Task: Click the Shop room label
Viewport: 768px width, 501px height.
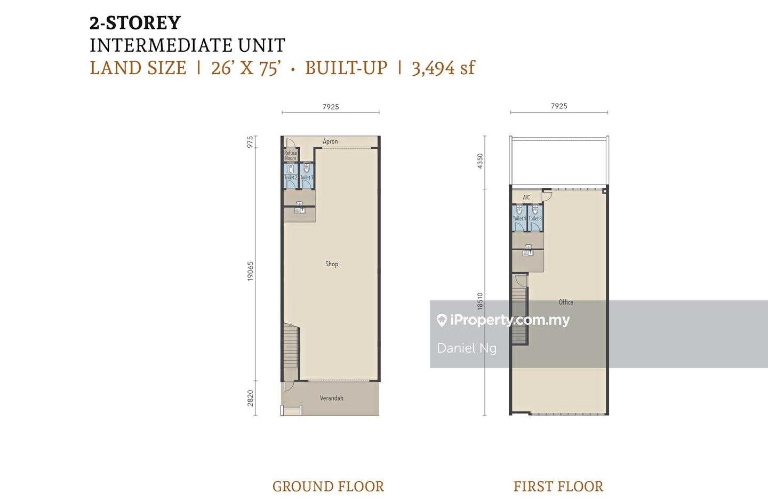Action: [x=332, y=264]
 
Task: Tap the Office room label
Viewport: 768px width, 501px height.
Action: [x=566, y=302]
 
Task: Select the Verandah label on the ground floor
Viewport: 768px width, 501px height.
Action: [x=331, y=398]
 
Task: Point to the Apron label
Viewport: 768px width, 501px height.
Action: [x=330, y=141]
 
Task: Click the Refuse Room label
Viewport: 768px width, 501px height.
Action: [x=290, y=155]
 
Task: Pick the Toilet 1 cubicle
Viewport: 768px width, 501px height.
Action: [x=307, y=176]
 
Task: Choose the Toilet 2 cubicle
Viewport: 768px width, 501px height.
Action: [x=291, y=176]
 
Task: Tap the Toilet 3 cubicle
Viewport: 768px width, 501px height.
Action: [x=535, y=218]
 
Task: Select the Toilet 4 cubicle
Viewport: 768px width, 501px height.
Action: [x=519, y=218]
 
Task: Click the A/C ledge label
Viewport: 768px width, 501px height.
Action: [x=526, y=197]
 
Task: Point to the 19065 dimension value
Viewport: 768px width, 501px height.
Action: [x=250, y=271]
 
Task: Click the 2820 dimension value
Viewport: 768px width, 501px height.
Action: [x=250, y=398]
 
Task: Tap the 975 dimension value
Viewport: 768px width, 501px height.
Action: [x=250, y=142]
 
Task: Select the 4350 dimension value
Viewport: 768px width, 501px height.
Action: [x=480, y=161]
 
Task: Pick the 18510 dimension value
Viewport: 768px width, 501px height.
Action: [x=480, y=301]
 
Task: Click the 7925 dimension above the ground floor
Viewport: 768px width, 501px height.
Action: [x=331, y=107]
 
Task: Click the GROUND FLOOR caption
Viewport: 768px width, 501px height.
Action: [x=328, y=486]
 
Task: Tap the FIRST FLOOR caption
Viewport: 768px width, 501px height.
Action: [x=558, y=486]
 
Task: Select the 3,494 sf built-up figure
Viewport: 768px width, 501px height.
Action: [x=443, y=68]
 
